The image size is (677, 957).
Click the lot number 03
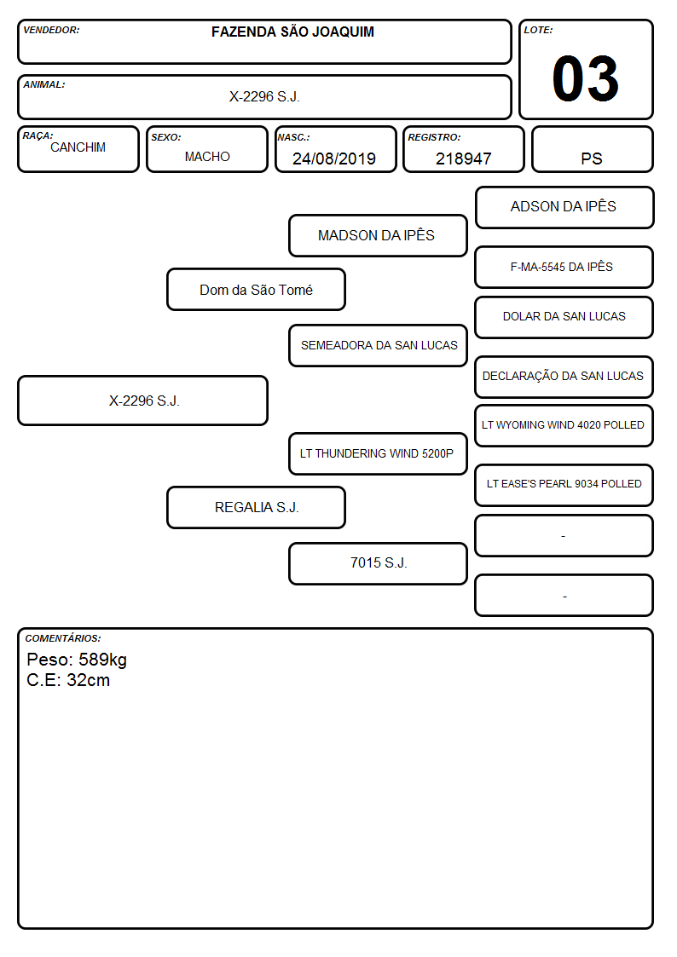(x=585, y=78)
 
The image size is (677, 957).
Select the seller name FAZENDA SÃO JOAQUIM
(x=292, y=32)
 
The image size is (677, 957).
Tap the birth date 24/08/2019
(x=334, y=159)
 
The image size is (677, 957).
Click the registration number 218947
(x=463, y=159)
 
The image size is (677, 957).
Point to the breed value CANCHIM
(x=78, y=147)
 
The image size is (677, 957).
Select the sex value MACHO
(x=207, y=157)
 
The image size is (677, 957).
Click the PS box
(x=592, y=149)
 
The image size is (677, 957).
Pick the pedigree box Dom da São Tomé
(x=256, y=289)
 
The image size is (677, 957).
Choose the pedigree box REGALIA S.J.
(x=256, y=507)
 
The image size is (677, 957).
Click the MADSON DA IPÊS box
(x=378, y=235)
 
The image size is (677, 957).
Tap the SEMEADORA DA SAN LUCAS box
(x=378, y=345)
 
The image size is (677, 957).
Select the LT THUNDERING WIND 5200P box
(x=378, y=453)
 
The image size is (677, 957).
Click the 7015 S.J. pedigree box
(x=378, y=563)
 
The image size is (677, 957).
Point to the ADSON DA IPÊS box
(x=564, y=208)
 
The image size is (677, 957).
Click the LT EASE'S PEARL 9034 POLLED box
(x=564, y=485)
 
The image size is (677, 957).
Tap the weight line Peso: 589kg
(x=77, y=660)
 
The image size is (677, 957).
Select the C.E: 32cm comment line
(x=68, y=680)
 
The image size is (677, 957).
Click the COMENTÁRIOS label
(x=63, y=638)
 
